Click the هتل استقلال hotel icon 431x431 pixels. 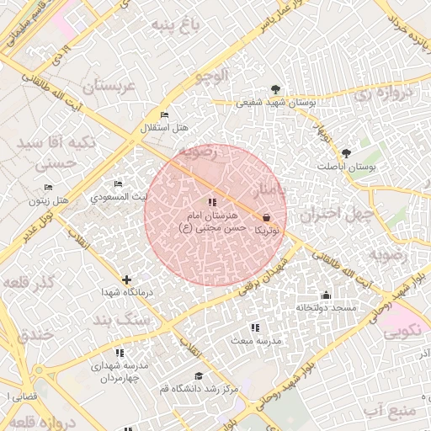click(x=164, y=114)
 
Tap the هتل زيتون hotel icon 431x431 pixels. click(x=48, y=188)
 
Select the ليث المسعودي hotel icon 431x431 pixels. click(x=119, y=184)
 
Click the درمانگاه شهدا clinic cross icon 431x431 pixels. click(x=126, y=279)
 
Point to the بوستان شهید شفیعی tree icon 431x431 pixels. click(x=275, y=89)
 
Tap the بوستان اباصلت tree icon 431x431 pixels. click(x=346, y=153)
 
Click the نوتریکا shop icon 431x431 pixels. click(x=267, y=216)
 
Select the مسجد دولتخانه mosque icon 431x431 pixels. click(x=326, y=295)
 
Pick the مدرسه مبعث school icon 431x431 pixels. click(x=255, y=327)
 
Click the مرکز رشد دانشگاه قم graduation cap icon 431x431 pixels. click(x=199, y=375)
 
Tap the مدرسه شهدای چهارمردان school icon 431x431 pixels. click(x=120, y=354)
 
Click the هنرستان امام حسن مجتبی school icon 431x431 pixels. click(x=211, y=202)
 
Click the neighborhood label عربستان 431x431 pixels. click(x=109, y=87)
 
